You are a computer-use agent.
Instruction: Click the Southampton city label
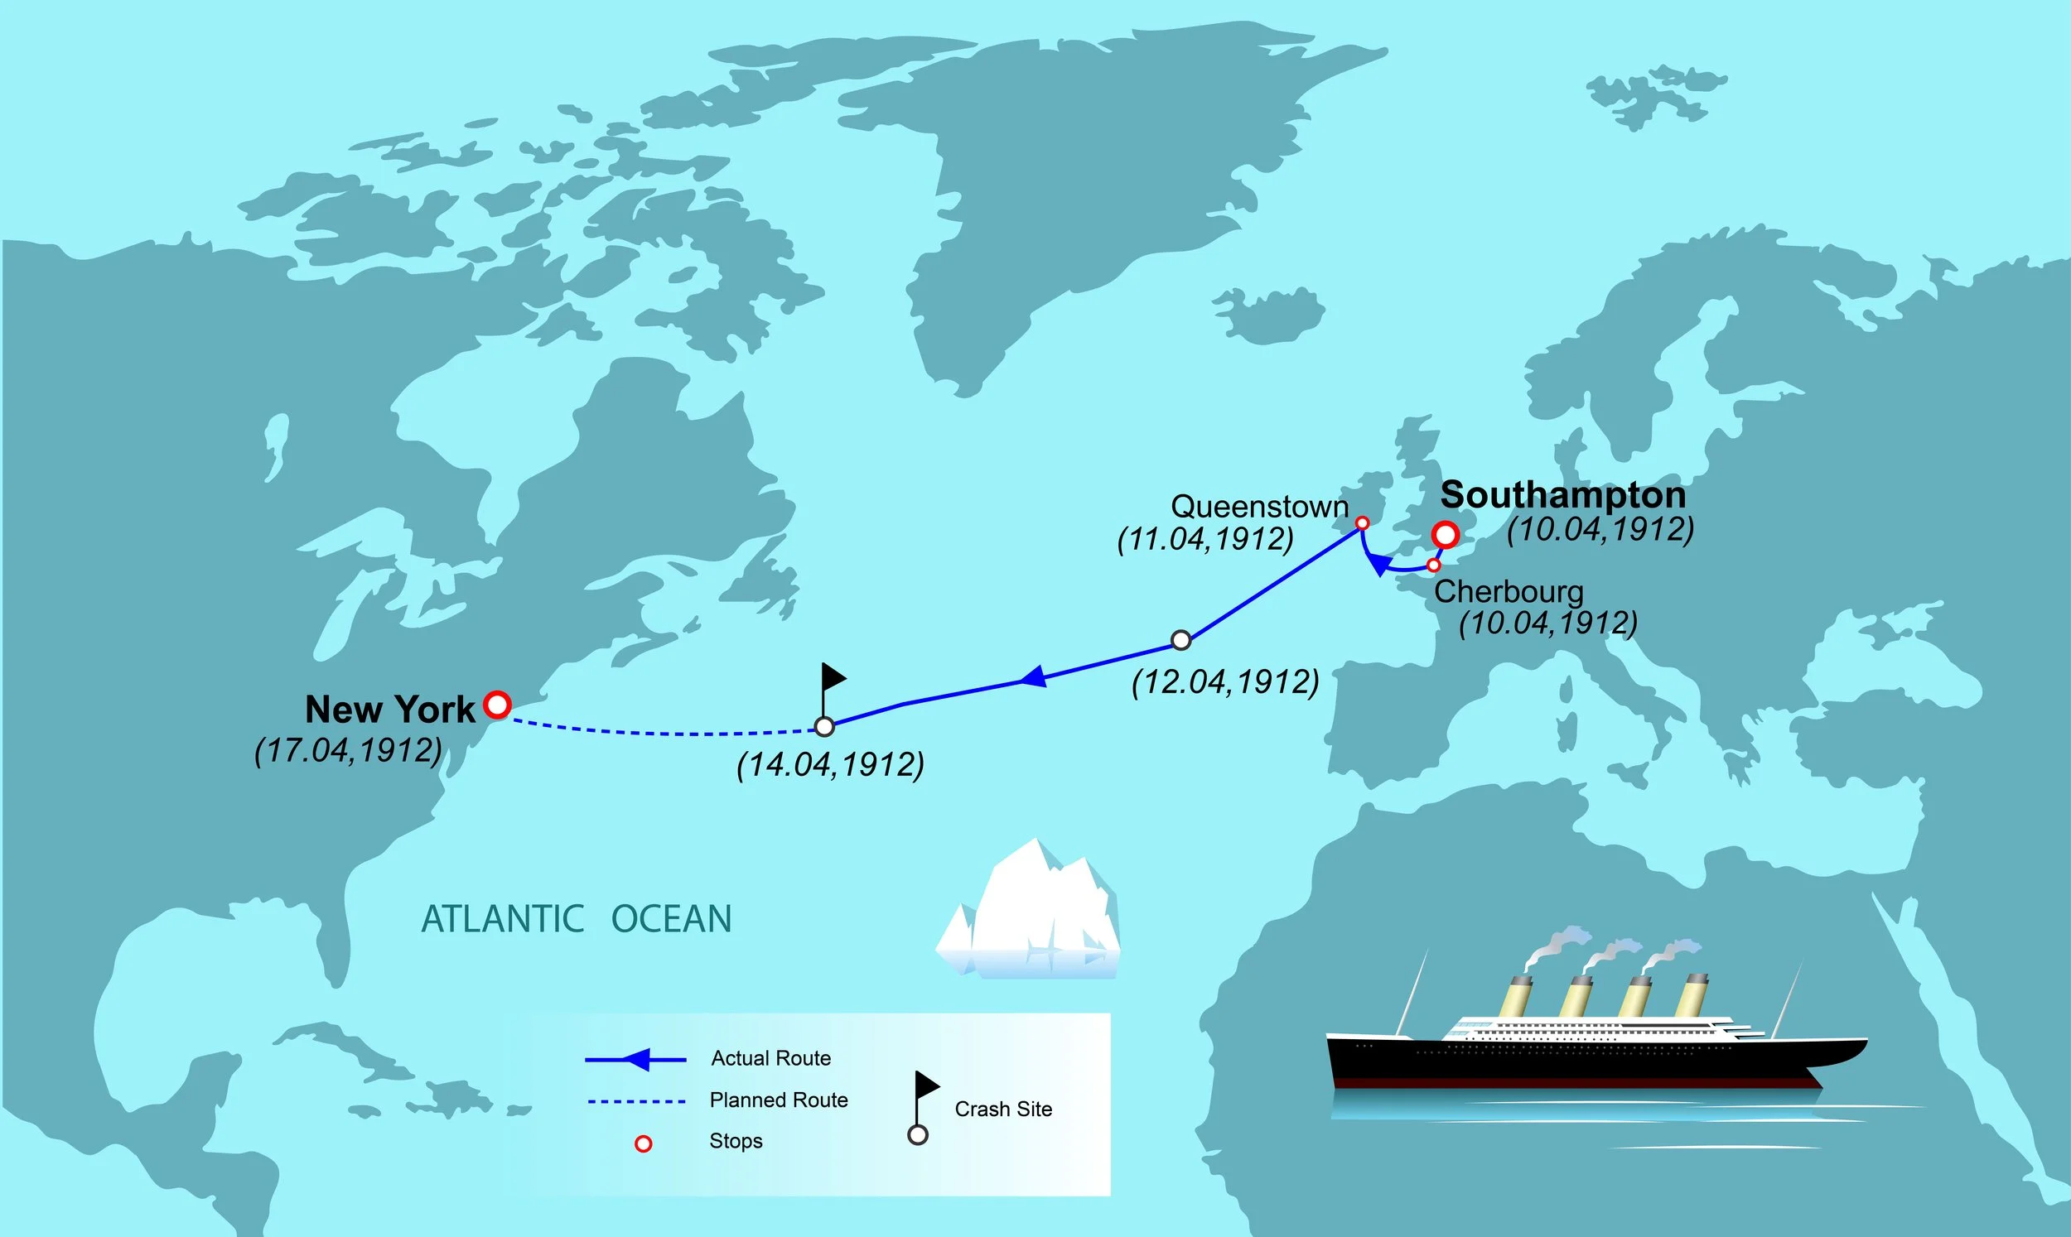coord(1562,495)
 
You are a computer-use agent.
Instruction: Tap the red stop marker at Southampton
coord(1445,535)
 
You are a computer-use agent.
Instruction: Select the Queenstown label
coord(1259,507)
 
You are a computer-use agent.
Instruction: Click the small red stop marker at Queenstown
coord(1362,523)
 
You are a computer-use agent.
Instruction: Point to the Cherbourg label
coord(1509,592)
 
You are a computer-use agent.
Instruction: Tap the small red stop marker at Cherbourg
coord(1433,566)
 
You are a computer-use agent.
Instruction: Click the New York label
coord(389,710)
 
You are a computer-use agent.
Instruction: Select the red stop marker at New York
coord(497,705)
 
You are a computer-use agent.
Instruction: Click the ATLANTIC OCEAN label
coord(576,919)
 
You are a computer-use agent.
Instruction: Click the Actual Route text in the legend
coord(770,1059)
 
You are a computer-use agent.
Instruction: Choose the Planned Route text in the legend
coord(778,1100)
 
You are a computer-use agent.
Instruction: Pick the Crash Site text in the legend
coord(1003,1109)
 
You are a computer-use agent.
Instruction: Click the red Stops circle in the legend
coord(643,1144)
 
